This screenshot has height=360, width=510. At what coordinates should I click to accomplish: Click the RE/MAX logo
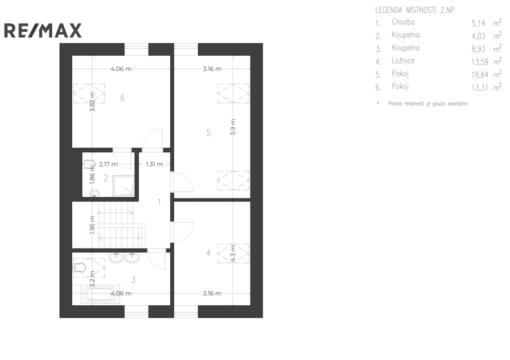[x=43, y=30]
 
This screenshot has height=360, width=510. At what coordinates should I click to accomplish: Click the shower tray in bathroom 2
[x=124, y=186]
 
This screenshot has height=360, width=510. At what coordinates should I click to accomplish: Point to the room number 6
[x=123, y=98]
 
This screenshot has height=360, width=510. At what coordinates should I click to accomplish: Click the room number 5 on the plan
[x=209, y=132]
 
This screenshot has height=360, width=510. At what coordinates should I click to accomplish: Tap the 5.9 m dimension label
[x=233, y=127]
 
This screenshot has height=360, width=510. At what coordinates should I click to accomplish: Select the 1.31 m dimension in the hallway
[x=154, y=164]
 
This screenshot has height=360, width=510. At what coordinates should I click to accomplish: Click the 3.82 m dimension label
[x=92, y=102]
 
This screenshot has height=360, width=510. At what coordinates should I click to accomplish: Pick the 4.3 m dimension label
[x=233, y=253]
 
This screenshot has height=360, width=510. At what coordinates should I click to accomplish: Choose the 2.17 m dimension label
[x=108, y=164]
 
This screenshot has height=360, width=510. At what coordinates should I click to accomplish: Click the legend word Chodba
[x=403, y=22]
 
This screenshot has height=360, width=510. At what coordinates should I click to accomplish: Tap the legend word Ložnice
[x=403, y=61]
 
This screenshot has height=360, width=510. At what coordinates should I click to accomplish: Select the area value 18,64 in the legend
[x=480, y=75]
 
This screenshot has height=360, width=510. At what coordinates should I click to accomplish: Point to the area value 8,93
[x=479, y=49]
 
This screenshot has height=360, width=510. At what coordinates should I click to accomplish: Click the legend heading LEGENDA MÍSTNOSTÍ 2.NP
[x=415, y=10]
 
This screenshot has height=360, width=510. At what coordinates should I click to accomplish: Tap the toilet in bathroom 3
[x=80, y=268]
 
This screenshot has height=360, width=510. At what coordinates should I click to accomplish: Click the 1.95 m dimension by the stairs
[x=92, y=225]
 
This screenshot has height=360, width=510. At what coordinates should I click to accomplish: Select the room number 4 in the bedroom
[x=209, y=252]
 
